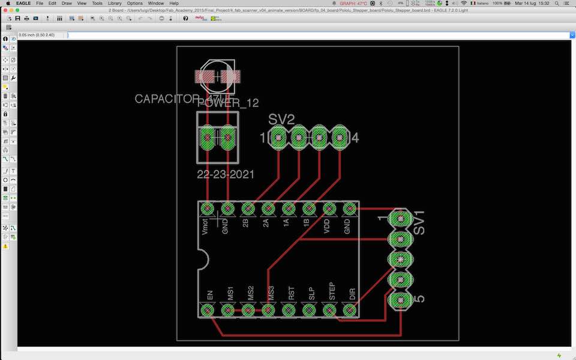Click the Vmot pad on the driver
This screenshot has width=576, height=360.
point(207,209)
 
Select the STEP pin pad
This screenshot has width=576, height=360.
point(329,310)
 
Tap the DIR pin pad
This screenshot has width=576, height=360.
point(350,310)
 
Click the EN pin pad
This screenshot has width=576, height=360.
point(207,310)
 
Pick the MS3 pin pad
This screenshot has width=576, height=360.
point(268,310)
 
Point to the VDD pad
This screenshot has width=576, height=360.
point(329,209)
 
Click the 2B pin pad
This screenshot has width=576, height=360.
point(248,209)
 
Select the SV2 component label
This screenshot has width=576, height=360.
point(281,119)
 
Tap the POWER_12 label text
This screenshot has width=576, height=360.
point(228,103)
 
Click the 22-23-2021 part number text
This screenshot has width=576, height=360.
point(226,175)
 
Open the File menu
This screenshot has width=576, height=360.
point(40,4)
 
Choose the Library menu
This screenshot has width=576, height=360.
point(115,4)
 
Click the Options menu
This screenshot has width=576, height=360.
point(135,4)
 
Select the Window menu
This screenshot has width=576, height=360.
point(156,4)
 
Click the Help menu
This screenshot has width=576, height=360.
point(174,4)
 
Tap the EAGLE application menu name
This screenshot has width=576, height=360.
point(23,4)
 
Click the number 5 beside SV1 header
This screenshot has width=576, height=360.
point(419,298)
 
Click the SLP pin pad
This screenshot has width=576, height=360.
point(309,310)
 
